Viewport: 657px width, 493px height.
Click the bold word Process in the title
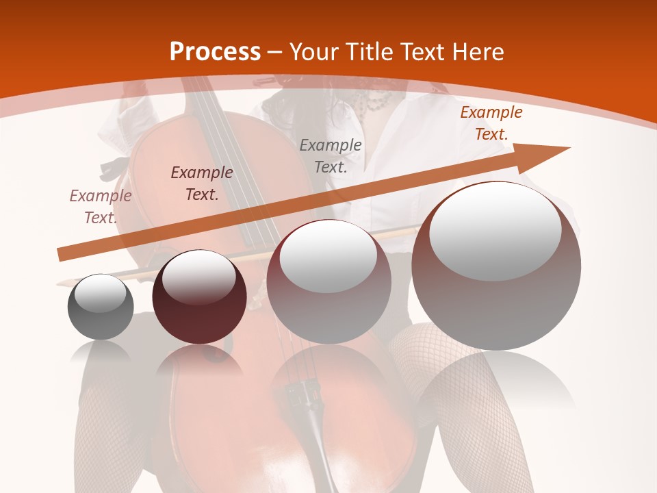coord(215,52)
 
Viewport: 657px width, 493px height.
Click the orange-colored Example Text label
coord(491,123)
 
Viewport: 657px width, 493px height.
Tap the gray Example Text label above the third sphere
coord(331,155)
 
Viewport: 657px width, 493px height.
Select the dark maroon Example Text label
coord(202,183)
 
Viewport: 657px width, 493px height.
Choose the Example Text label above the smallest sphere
coord(101,206)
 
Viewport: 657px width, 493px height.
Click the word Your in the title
coord(313,52)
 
